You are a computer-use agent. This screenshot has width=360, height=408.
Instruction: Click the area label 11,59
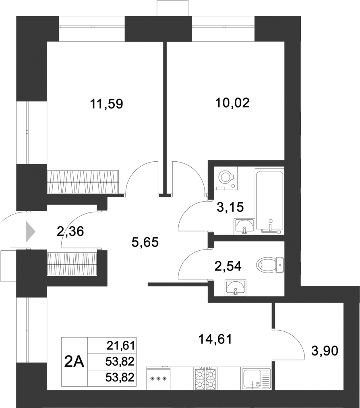106,104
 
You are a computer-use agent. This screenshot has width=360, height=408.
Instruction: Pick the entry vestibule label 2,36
70,231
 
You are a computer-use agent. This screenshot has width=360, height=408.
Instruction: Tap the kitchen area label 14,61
215,339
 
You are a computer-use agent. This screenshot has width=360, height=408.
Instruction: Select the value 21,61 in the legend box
120,345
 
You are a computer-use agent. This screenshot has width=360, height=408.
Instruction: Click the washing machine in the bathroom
226,178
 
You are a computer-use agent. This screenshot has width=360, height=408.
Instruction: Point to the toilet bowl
270,264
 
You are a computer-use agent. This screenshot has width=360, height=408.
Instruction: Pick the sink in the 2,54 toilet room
235,287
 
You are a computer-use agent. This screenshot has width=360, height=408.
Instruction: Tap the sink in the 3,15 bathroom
244,225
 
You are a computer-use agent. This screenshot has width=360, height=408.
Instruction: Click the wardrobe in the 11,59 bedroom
83,182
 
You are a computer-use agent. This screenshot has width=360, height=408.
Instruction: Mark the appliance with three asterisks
158,379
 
